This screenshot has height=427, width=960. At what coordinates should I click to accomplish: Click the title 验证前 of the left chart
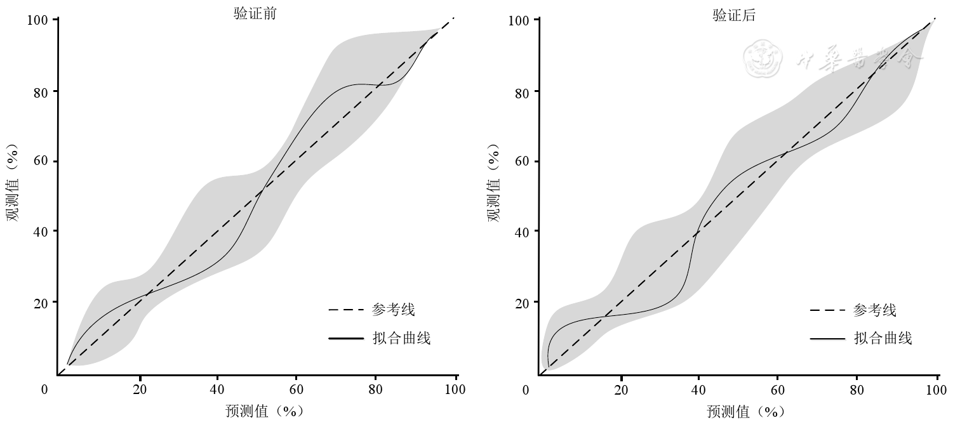(x=255, y=15)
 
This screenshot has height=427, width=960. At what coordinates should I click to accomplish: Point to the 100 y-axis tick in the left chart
(x=38, y=20)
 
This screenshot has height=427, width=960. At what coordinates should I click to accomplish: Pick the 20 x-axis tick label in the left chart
(x=139, y=390)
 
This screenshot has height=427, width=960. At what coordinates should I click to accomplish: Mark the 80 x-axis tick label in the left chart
(x=376, y=390)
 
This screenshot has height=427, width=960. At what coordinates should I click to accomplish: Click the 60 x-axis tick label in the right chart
(x=777, y=390)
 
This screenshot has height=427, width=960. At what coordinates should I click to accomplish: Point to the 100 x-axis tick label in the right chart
(x=936, y=390)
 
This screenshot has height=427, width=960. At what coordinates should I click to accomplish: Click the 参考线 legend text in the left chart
(x=394, y=310)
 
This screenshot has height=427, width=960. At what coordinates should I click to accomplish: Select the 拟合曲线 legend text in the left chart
(x=401, y=338)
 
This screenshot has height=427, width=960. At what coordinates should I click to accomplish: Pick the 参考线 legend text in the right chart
(x=875, y=310)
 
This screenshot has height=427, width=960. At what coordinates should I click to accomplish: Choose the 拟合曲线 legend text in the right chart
(x=883, y=338)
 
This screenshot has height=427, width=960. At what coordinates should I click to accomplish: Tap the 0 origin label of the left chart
(x=44, y=390)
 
